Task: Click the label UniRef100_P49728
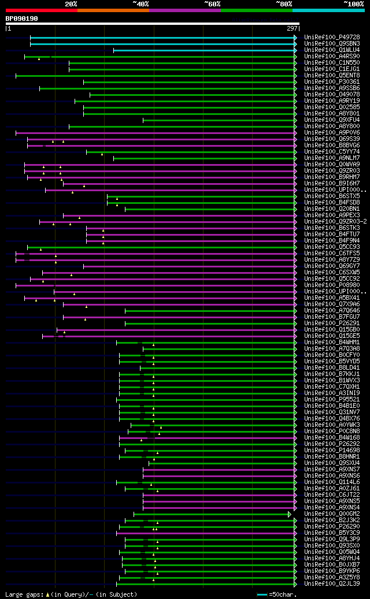[x=332, y=37]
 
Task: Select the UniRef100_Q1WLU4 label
[x=332, y=50]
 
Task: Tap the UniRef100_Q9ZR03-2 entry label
[x=335, y=221]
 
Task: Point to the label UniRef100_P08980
[x=332, y=285]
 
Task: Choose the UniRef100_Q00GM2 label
[x=332, y=514]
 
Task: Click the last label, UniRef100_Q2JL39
[x=332, y=583]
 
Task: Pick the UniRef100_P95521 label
[x=332, y=399]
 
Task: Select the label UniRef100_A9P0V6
[x=332, y=132]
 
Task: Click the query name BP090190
[x=21, y=18]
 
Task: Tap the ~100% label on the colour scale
[x=353, y=4]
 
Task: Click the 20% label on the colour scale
[x=71, y=4]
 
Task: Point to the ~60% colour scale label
[x=212, y=4]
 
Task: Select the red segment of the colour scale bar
[x=41, y=10]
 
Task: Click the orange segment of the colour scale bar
[x=113, y=10]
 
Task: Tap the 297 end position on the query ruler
[x=292, y=28]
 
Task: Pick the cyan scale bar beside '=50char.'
[x=262, y=594]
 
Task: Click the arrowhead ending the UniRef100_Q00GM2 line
[x=290, y=514]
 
